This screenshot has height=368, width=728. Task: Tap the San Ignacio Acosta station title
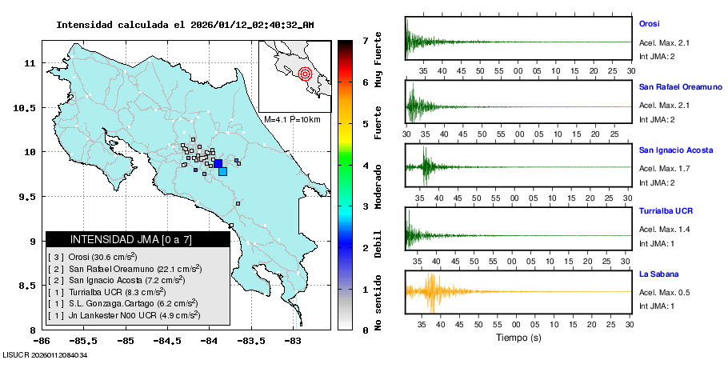point(675,150)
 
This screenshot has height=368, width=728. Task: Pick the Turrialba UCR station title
point(666,211)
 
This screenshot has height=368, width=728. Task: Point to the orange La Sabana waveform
point(431,292)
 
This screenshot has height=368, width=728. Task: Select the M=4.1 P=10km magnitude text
point(292,120)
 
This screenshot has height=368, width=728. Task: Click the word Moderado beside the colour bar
point(378,186)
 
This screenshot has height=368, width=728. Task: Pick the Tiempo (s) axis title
point(518,338)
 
